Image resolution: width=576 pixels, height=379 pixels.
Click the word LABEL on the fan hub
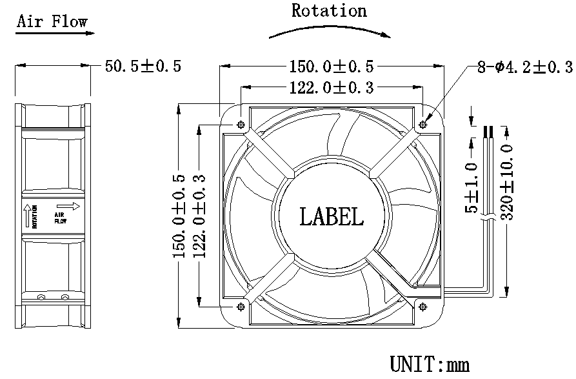(332, 216)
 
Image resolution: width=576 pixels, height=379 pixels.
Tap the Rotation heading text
(329, 11)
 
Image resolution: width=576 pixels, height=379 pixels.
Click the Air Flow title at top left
(52, 21)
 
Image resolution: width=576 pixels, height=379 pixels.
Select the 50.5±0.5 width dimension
(143, 66)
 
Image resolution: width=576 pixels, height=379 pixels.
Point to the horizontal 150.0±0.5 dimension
(332, 66)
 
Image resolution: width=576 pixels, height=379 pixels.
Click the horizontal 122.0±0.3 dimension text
(330, 88)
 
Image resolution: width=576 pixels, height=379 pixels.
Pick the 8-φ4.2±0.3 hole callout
(524, 67)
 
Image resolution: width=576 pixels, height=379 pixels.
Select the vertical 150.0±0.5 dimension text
(179, 216)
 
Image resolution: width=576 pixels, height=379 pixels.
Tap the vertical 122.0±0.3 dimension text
(199, 216)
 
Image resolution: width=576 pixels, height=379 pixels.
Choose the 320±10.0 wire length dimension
(506, 182)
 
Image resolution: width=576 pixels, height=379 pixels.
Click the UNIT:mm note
(429, 364)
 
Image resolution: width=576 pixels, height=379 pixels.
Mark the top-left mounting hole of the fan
(241, 125)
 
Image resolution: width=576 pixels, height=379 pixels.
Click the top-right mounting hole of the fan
(424, 125)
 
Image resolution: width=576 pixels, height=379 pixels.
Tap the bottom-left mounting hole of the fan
(241, 306)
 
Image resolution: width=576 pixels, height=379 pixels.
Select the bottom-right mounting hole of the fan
(423, 306)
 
